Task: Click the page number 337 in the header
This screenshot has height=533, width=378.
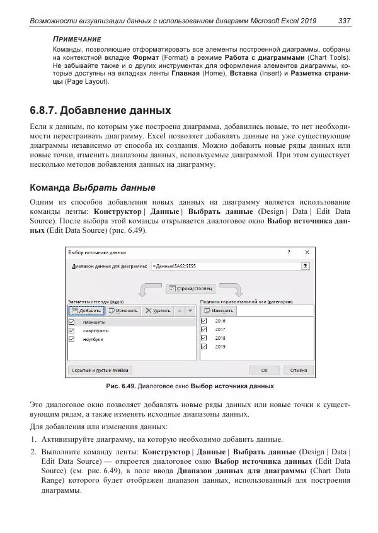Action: [x=344, y=21]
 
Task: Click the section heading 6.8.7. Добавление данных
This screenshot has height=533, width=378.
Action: [x=100, y=111]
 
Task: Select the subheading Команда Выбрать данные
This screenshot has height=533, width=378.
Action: [x=92, y=188]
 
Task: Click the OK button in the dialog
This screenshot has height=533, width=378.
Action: [x=265, y=370]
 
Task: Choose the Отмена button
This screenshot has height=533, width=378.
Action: [x=298, y=370]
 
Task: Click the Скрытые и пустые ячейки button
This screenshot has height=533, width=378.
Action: [x=100, y=370]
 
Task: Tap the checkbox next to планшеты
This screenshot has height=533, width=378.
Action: [x=71, y=322]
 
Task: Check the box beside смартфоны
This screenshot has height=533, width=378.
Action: [x=71, y=330]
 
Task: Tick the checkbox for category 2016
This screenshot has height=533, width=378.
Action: [x=203, y=320]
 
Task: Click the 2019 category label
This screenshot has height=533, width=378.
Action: [x=220, y=346]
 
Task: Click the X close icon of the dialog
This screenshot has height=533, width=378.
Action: [x=307, y=252]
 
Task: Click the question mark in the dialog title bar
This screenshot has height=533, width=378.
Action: [x=289, y=252]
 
